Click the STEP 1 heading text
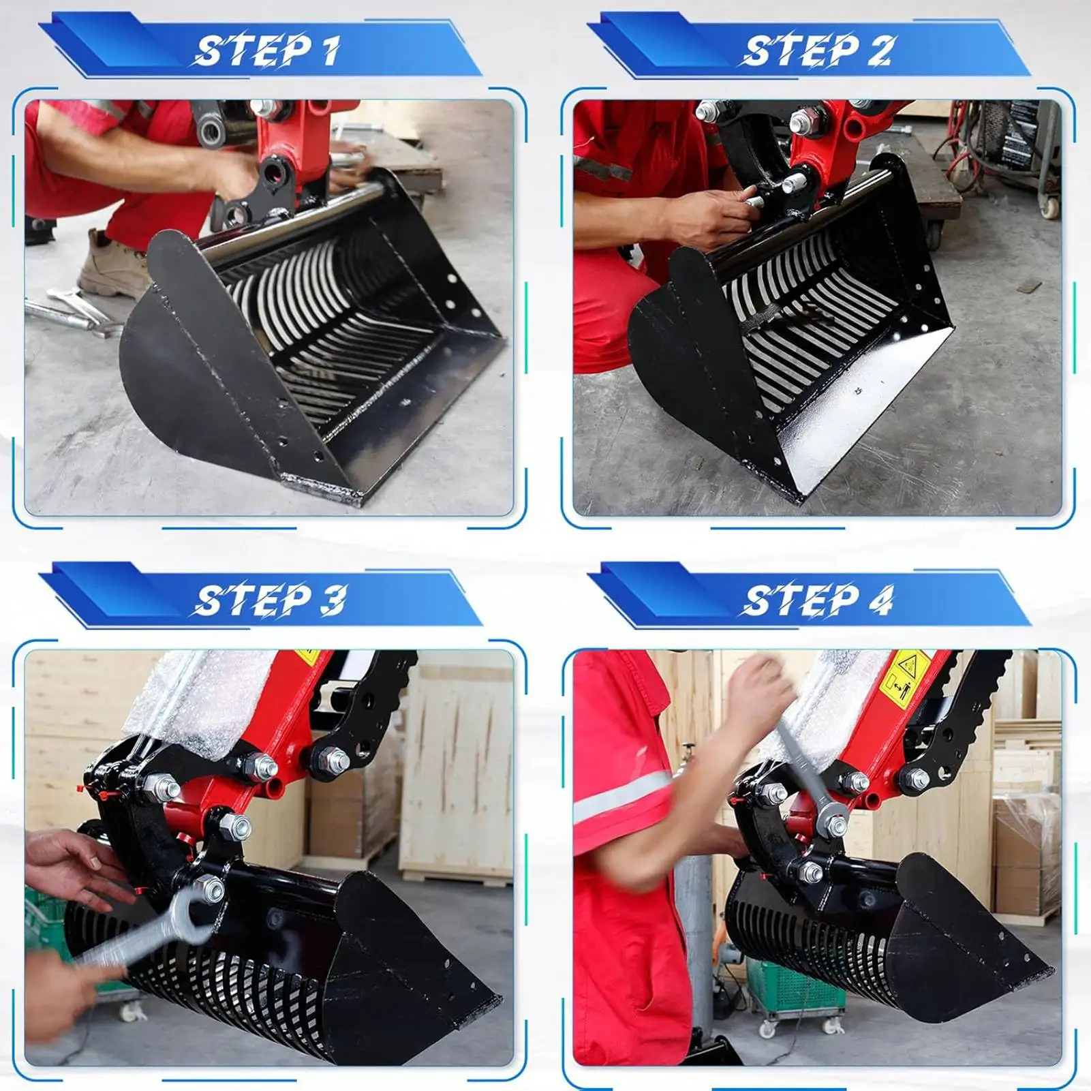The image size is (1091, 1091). point(268,51)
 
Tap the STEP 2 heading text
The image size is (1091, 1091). point(817,51)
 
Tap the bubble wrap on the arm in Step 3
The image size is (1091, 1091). point(204,702)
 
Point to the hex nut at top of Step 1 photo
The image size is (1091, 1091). point(263,108)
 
